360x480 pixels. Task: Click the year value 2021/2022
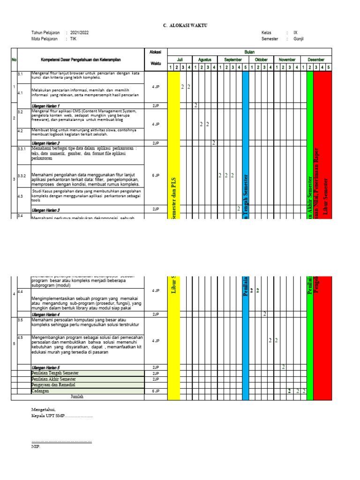tap(79, 33)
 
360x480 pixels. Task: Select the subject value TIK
tap(73, 39)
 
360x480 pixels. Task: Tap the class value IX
tap(295, 33)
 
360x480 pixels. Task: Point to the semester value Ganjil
tap(299, 39)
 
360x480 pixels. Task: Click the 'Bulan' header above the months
tap(249, 52)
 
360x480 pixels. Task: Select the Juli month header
tap(180, 60)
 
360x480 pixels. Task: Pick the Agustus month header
tap(205, 60)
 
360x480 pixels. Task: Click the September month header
tap(233, 60)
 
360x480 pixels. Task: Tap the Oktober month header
tap(261, 60)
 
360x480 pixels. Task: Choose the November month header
tap(287, 60)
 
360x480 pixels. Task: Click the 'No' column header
tap(14, 60)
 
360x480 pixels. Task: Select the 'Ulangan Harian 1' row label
tap(45, 106)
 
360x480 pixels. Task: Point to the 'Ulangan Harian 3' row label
tap(45, 210)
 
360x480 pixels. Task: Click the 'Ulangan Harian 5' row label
tap(45, 367)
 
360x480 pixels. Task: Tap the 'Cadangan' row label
tap(41, 390)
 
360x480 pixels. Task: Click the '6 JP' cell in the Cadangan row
tap(156, 390)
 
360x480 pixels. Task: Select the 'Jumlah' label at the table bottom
tap(77, 397)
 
